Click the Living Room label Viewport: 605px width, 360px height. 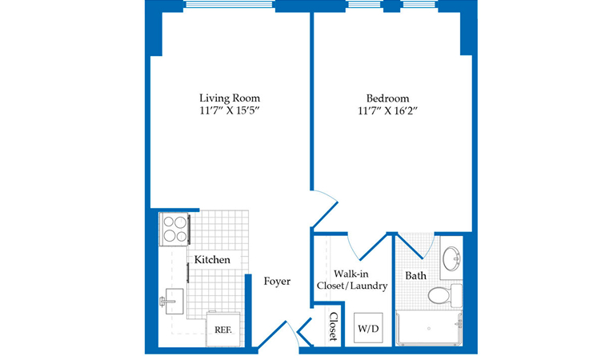[x=230, y=98]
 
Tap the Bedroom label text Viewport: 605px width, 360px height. [x=388, y=98]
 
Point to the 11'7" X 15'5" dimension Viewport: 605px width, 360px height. [x=230, y=110]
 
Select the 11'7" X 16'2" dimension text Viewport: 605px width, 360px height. [x=388, y=110]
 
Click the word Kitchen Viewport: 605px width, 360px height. [x=212, y=260]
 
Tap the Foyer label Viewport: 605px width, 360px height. [x=277, y=282]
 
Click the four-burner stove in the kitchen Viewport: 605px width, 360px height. [x=174, y=229]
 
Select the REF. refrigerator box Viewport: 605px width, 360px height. [x=223, y=329]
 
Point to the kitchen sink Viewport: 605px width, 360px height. [x=174, y=301]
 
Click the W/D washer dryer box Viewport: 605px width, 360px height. [x=368, y=328]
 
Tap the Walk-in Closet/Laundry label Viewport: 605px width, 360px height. [x=352, y=280]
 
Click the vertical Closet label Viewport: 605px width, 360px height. [x=333, y=326]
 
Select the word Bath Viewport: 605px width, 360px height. [x=416, y=276]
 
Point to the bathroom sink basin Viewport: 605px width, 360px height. [x=451, y=258]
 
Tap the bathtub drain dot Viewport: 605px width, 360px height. [x=429, y=329]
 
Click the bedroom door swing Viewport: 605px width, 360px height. [x=325, y=207]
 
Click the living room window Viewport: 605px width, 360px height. [x=230, y=5]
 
